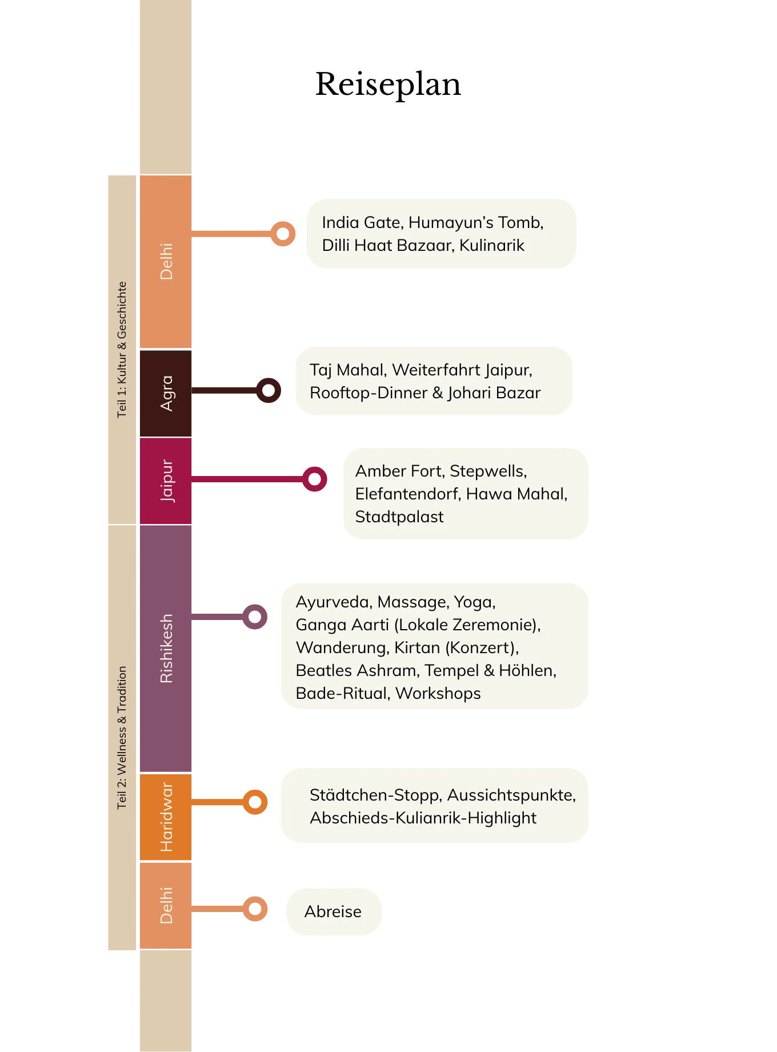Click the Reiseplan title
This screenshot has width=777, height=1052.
pyautogui.click(x=388, y=85)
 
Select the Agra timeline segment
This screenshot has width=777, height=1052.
pyautogui.click(x=166, y=393)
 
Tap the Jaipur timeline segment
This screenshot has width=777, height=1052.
pyautogui.click(x=166, y=481)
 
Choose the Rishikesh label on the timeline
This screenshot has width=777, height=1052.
pyautogui.click(x=166, y=649)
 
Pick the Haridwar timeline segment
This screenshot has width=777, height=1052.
pyautogui.click(x=166, y=817)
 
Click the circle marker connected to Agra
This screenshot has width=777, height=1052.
pyautogui.click(x=269, y=391)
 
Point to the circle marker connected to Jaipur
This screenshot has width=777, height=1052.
pyautogui.click(x=314, y=479)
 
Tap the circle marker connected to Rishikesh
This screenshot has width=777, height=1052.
pyautogui.click(x=255, y=617)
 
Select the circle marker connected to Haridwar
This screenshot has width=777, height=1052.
pyautogui.click(x=255, y=802)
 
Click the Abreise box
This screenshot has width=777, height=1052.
pyautogui.click(x=333, y=911)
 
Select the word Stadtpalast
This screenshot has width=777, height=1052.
pyautogui.click(x=399, y=517)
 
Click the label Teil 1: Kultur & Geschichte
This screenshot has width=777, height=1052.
pyautogui.click(x=122, y=349)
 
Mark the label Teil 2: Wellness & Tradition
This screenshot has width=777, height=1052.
pyautogui.click(x=122, y=737)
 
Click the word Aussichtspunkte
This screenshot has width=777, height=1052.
pyautogui.click(x=511, y=795)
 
